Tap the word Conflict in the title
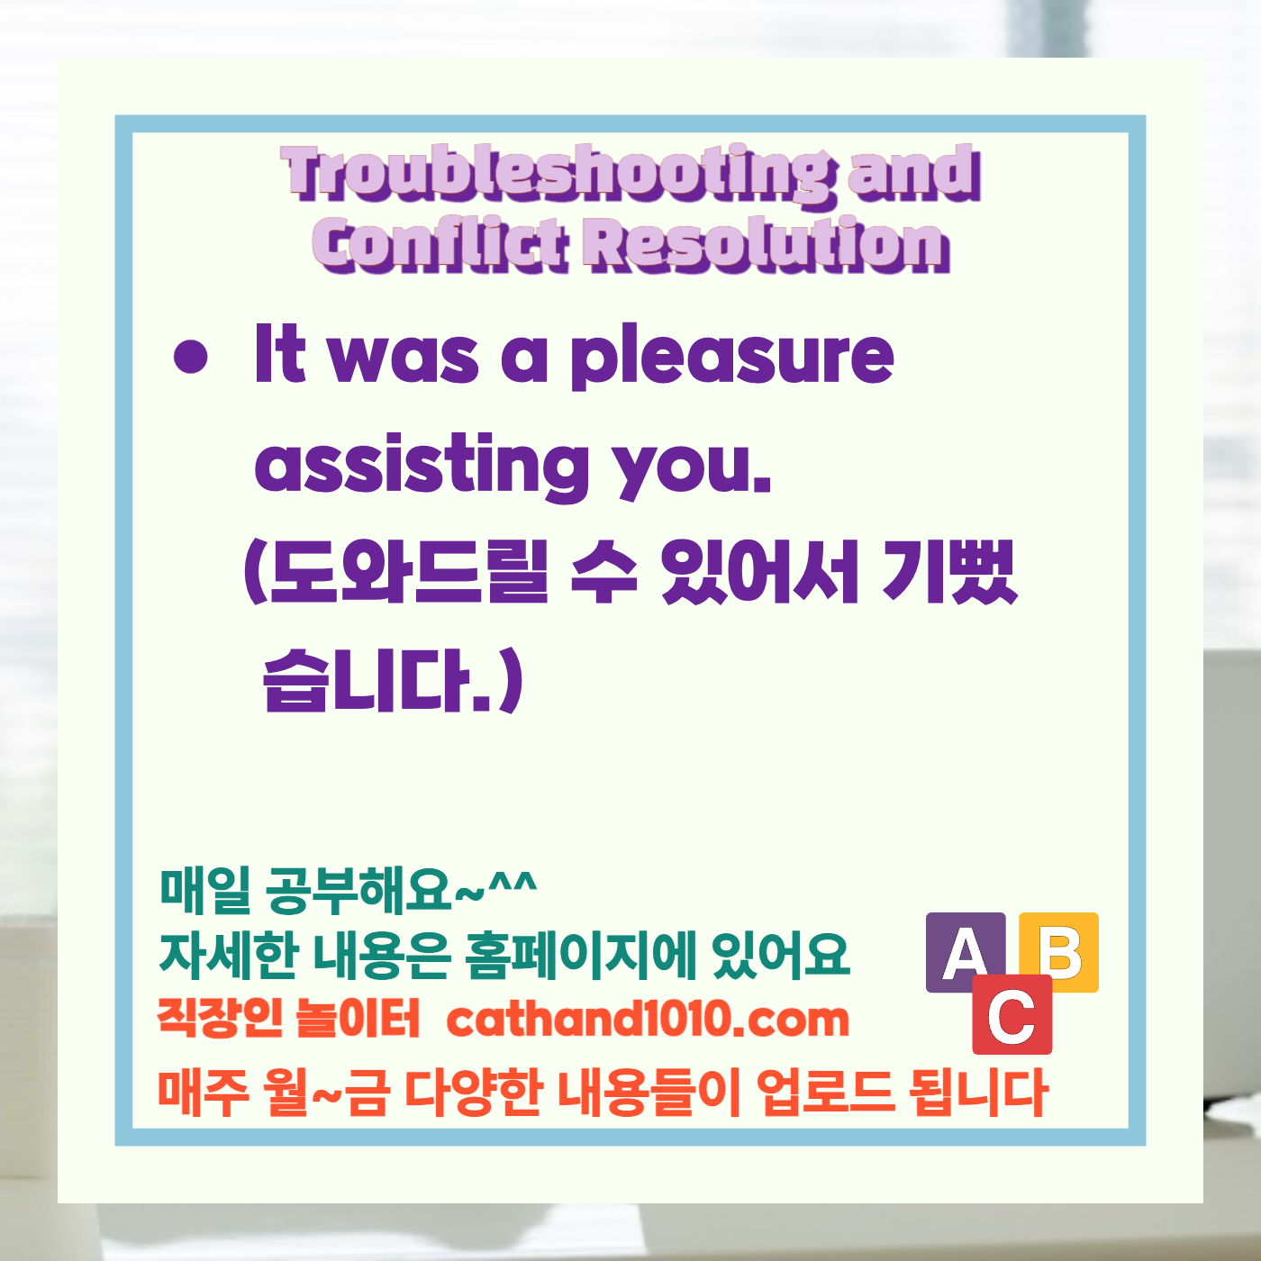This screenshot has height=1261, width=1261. click(x=441, y=245)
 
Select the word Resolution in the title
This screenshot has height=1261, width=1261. click(x=767, y=245)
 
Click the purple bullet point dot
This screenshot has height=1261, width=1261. click(x=190, y=357)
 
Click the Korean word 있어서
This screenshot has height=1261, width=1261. click(x=758, y=574)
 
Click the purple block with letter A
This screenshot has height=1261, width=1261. click(x=965, y=951)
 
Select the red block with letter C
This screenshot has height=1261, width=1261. click(x=1012, y=1016)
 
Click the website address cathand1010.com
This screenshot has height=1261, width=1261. click(x=648, y=1020)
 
